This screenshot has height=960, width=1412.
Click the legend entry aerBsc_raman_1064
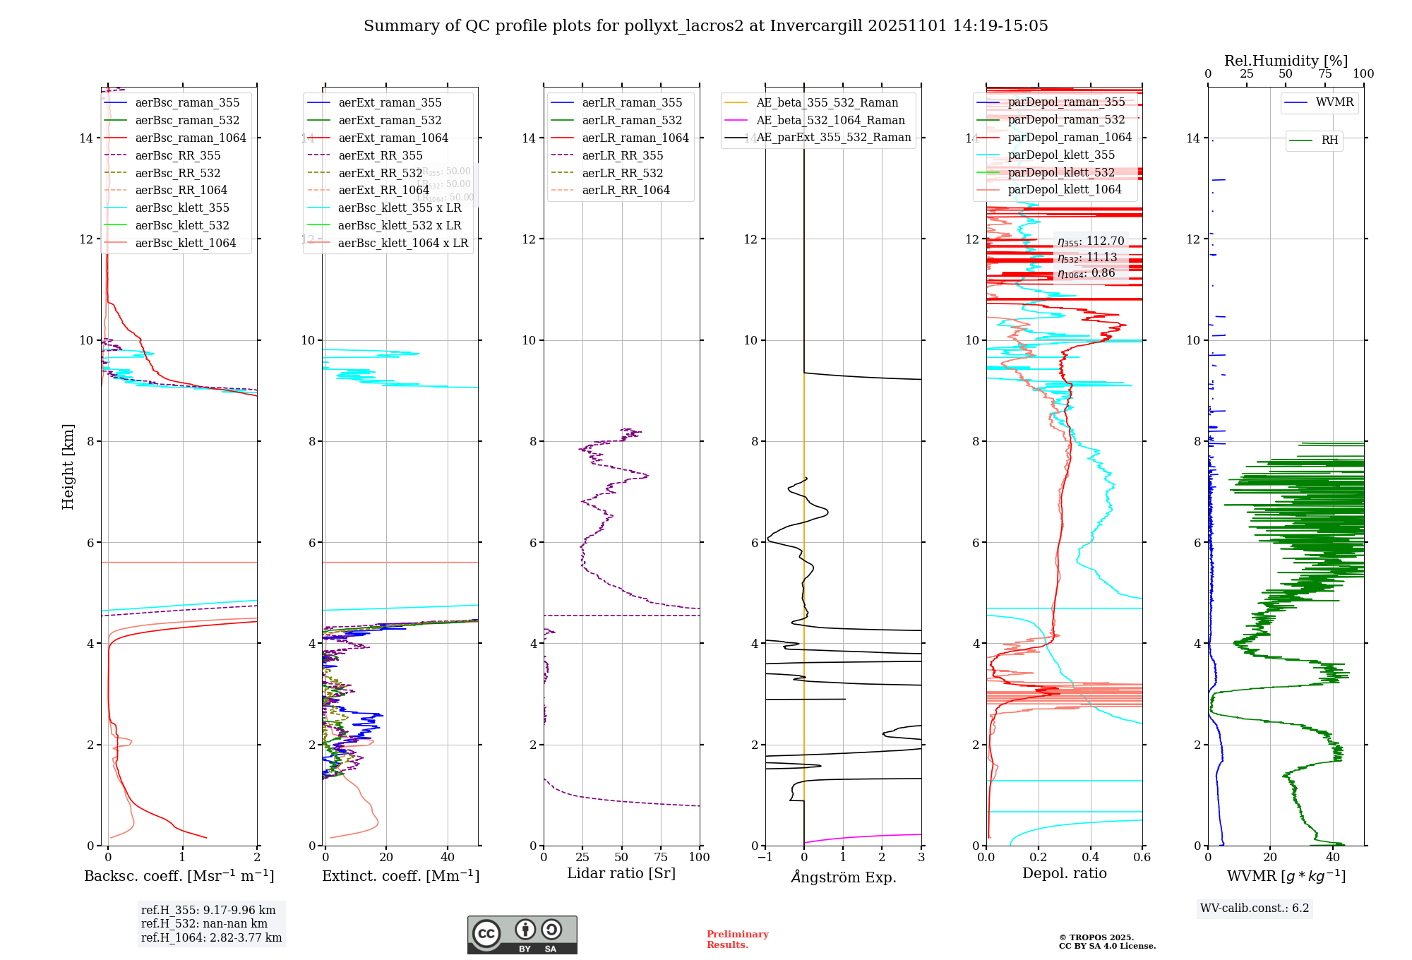(191, 138)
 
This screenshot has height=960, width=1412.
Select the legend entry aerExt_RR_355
(380, 155)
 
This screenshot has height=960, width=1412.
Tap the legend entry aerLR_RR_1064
(626, 190)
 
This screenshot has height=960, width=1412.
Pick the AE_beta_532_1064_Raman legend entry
(830, 120)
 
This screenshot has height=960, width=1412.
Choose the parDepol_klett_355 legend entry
(1061, 155)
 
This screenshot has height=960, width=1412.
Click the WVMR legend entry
(1334, 102)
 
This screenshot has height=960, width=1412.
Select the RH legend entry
(1329, 140)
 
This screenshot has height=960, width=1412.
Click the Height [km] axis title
(68, 466)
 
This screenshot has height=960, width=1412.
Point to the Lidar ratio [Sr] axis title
(621, 873)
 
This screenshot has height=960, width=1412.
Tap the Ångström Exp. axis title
(844, 877)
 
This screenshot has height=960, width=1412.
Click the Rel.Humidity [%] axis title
(1286, 61)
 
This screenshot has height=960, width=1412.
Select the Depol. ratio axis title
(1065, 873)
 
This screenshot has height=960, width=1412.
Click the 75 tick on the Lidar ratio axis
(661, 857)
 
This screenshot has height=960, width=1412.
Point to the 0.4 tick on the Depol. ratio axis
(1090, 857)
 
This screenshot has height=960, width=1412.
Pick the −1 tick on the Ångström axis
(765, 857)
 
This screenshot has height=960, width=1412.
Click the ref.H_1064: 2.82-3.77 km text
(211, 938)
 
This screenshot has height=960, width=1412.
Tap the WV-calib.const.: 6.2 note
(1255, 908)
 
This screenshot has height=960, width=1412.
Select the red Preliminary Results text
(737, 940)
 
